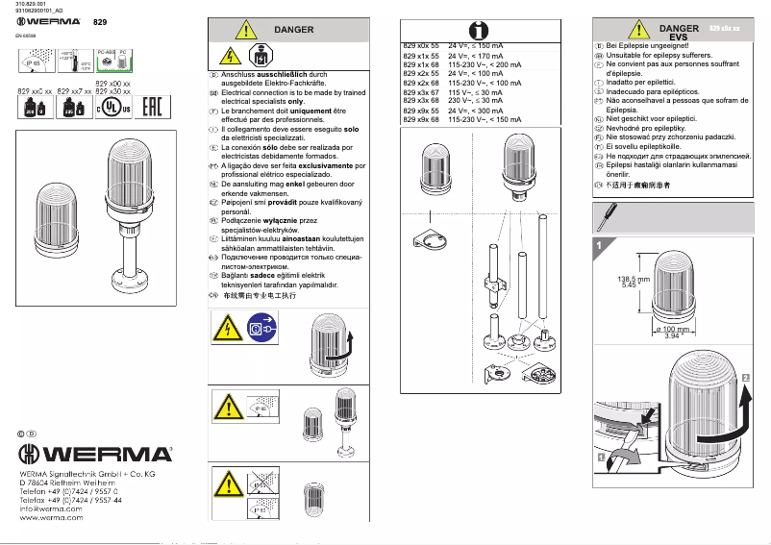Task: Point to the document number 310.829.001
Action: pos(31,5)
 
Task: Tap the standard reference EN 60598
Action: pos(27,35)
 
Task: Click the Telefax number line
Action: pos(71,501)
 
